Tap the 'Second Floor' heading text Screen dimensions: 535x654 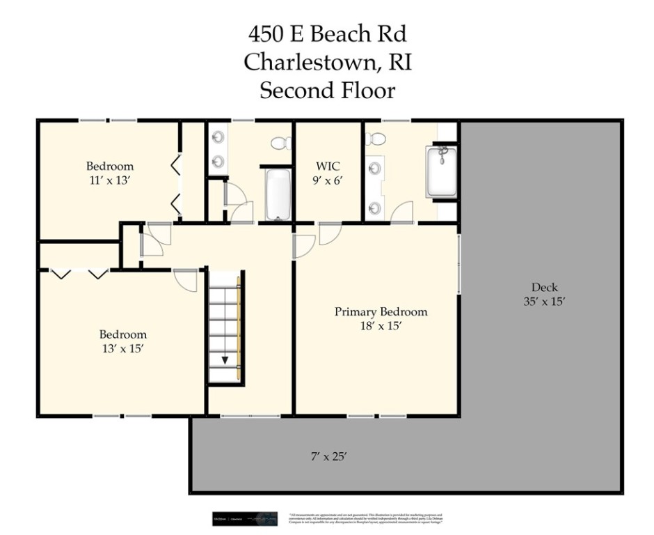tap(327, 91)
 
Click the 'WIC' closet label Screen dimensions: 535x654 tap(328, 166)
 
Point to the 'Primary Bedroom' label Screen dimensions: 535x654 tap(381, 311)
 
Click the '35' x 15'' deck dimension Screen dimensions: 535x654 tap(545, 302)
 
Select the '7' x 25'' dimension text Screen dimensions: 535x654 tap(328, 457)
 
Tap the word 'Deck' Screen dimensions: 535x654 tap(545, 287)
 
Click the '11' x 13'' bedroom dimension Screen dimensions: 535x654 tap(109, 180)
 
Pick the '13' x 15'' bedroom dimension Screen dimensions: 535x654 tap(122, 348)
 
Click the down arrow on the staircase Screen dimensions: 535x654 tap(225, 359)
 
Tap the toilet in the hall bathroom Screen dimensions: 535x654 tap(280, 144)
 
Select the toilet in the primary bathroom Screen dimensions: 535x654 tap(375, 138)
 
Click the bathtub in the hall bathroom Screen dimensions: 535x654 tap(278, 193)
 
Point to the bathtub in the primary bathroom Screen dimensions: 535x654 tap(441, 171)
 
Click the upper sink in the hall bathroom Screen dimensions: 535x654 tap(218, 138)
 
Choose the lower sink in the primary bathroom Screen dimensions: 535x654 tap(375, 207)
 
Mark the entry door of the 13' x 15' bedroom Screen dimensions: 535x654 tap(186, 280)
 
